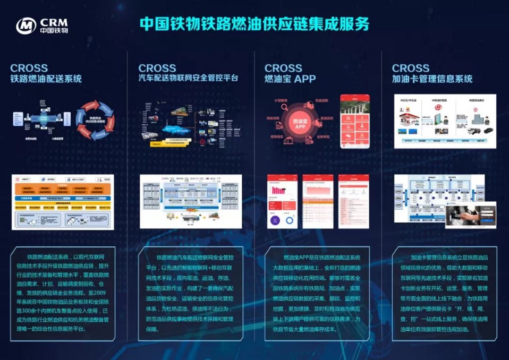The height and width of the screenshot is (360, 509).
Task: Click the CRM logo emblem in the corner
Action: pos(26,25)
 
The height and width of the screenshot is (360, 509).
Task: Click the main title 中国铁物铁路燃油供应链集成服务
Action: pos(254,24)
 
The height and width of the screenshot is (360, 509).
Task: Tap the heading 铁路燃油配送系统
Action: pos(46,79)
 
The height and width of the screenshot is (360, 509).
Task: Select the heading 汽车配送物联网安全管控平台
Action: pos(188,79)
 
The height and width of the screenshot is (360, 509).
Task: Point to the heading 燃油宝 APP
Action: pos(290,79)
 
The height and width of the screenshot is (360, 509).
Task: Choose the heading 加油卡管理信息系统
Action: pos(432,79)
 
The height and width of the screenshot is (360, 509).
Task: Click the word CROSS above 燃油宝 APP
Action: pos(283,68)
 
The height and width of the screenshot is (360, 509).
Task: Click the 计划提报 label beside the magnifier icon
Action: pos(281,100)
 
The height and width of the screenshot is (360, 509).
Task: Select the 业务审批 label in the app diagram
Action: pos(324,137)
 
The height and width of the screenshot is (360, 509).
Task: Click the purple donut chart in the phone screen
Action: pos(287,219)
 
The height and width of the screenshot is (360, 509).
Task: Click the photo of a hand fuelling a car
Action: pos(472,216)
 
